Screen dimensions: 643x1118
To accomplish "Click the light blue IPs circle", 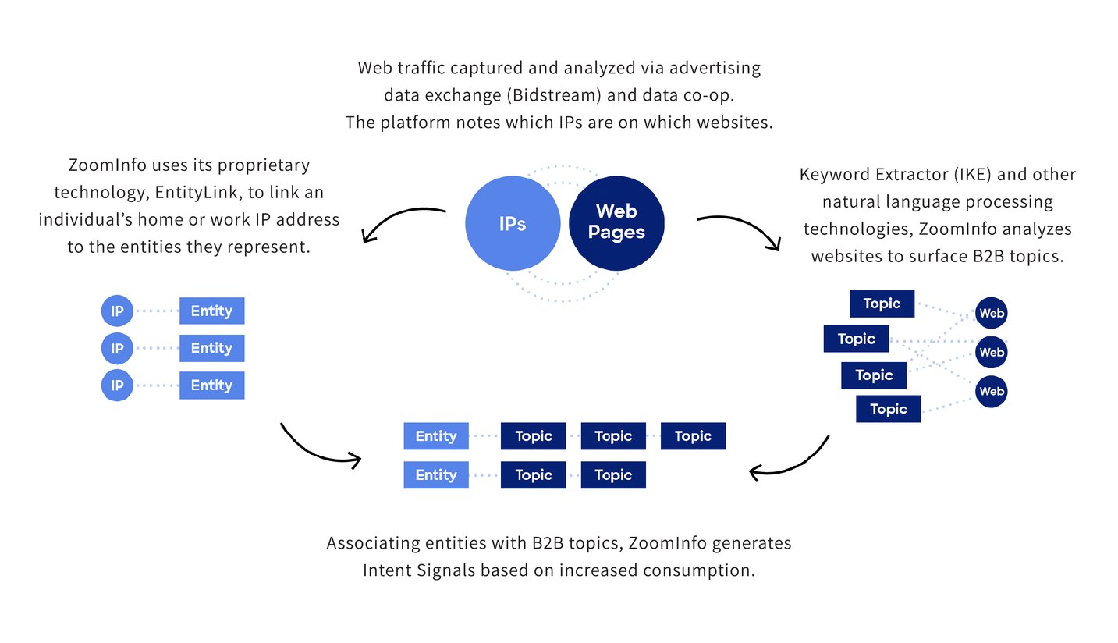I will click(x=513, y=223).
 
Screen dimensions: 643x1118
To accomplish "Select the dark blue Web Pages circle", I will click(x=616, y=222).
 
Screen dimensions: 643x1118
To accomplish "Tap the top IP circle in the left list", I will click(x=117, y=311).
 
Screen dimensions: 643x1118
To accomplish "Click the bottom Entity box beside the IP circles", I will click(x=211, y=385).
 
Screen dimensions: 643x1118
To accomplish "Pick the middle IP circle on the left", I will click(x=117, y=348).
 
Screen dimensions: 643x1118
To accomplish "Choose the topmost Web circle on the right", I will click(x=991, y=314).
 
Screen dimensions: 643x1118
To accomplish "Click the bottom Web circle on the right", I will click(x=991, y=391).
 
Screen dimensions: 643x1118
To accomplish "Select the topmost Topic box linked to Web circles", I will click(x=882, y=304).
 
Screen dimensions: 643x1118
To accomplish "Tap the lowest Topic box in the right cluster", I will click(x=888, y=409).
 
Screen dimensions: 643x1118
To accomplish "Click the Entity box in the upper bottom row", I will click(x=435, y=436).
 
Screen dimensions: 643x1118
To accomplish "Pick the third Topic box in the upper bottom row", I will click(x=693, y=436).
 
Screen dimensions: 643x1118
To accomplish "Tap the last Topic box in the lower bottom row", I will click(x=613, y=475).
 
